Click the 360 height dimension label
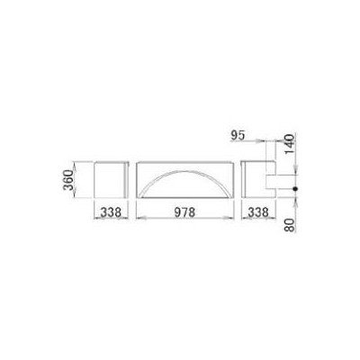68,180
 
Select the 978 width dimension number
184,212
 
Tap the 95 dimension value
238,136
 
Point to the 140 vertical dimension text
289,144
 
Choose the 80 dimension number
289,224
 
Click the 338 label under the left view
111,212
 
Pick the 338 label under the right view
257,212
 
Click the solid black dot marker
295,189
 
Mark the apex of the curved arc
184,171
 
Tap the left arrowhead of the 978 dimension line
139,219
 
